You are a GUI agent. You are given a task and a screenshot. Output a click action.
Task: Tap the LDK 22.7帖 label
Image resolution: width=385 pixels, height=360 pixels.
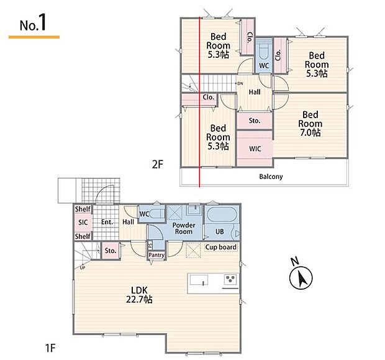click(x=139, y=295)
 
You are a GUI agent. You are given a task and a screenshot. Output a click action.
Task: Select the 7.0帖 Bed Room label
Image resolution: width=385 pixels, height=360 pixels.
click(x=310, y=124)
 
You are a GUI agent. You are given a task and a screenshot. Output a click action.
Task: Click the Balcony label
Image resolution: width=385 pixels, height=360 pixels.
click(x=271, y=177)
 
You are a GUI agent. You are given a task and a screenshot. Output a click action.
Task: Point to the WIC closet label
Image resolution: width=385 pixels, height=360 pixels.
click(x=255, y=149)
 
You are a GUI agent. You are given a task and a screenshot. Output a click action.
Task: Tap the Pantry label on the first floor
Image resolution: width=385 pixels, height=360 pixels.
click(x=156, y=255)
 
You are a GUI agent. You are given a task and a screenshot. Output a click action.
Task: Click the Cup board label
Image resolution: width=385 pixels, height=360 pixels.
click(x=221, y=247)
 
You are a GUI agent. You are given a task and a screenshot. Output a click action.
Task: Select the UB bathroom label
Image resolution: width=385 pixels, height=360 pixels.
click(x=219, y=231)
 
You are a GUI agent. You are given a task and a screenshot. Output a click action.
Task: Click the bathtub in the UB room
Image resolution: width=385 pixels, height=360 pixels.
click(x=222, y=215)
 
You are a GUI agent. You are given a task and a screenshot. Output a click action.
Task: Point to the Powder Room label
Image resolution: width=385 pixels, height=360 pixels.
click(x=184, y=228)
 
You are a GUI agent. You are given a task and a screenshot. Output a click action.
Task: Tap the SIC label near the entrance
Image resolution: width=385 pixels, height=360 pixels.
click(x=83, y=223)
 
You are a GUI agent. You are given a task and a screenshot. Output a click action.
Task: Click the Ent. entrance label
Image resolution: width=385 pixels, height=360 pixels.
click(x=107, y=222)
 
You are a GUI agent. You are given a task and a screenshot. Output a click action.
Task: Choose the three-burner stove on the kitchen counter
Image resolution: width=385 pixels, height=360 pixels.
click(x=230, y=279)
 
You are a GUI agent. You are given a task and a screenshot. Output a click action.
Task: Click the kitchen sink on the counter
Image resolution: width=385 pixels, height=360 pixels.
click(x=199, y=280)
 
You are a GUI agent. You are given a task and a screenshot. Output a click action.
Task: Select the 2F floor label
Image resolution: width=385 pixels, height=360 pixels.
click(x=157, y=164)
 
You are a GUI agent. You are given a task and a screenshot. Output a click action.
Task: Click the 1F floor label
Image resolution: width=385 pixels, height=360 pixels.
click(x=50, y=348)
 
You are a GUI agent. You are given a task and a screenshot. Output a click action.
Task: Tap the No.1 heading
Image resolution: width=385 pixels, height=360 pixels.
click(x=33, y=22)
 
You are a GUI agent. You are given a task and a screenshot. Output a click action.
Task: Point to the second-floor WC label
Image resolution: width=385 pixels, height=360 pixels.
click(x=264, y=66)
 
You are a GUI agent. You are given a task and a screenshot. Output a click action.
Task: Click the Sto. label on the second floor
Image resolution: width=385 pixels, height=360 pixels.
click(x=255, y=121)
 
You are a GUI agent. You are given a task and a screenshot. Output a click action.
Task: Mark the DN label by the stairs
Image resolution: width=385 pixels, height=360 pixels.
click(x=240, y=83)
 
